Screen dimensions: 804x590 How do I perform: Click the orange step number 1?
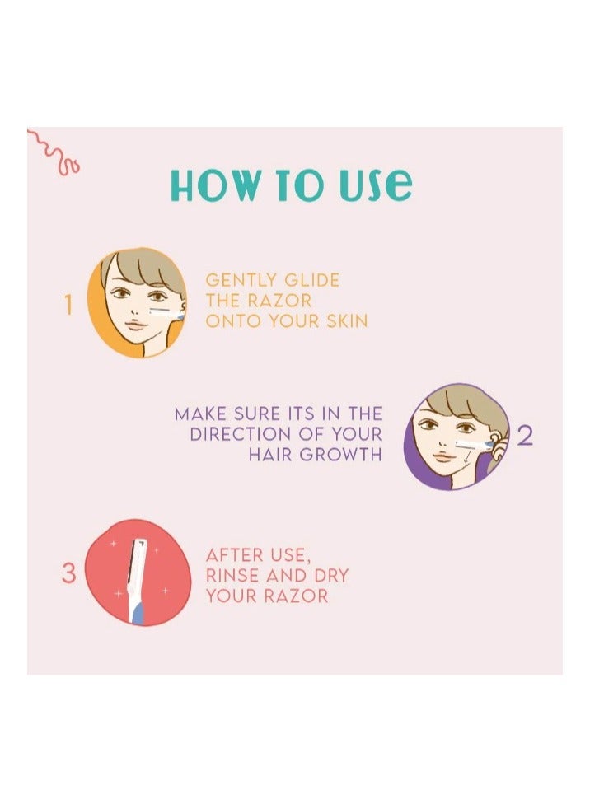click(x=68, y=306)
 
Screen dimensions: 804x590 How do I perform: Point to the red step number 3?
click(x=68, y=573)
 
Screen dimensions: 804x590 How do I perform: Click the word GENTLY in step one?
click(x=241, y=280)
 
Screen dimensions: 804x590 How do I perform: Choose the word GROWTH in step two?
click(x=346, y=454)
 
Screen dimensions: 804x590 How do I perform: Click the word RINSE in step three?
click(x=234, y=575)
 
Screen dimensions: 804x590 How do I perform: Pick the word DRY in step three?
click(x=328, y=575)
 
